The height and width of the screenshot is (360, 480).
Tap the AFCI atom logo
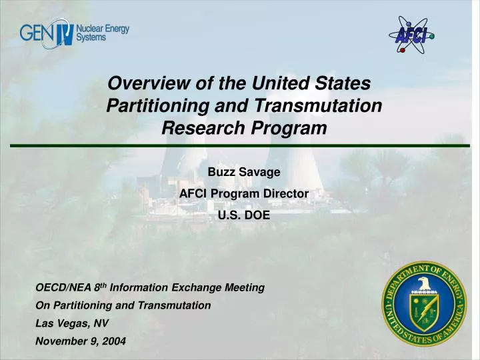pos(411,37)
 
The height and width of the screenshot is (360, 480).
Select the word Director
pos(284,193)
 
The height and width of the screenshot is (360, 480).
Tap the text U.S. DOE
pos(244,215)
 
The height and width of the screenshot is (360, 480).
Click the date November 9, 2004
pos(80,341)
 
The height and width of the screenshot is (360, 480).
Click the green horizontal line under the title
pos(240,145)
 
